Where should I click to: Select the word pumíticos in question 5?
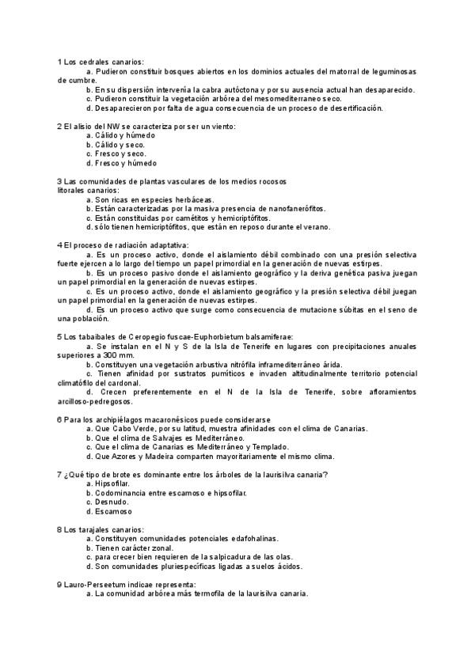point(225,373)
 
